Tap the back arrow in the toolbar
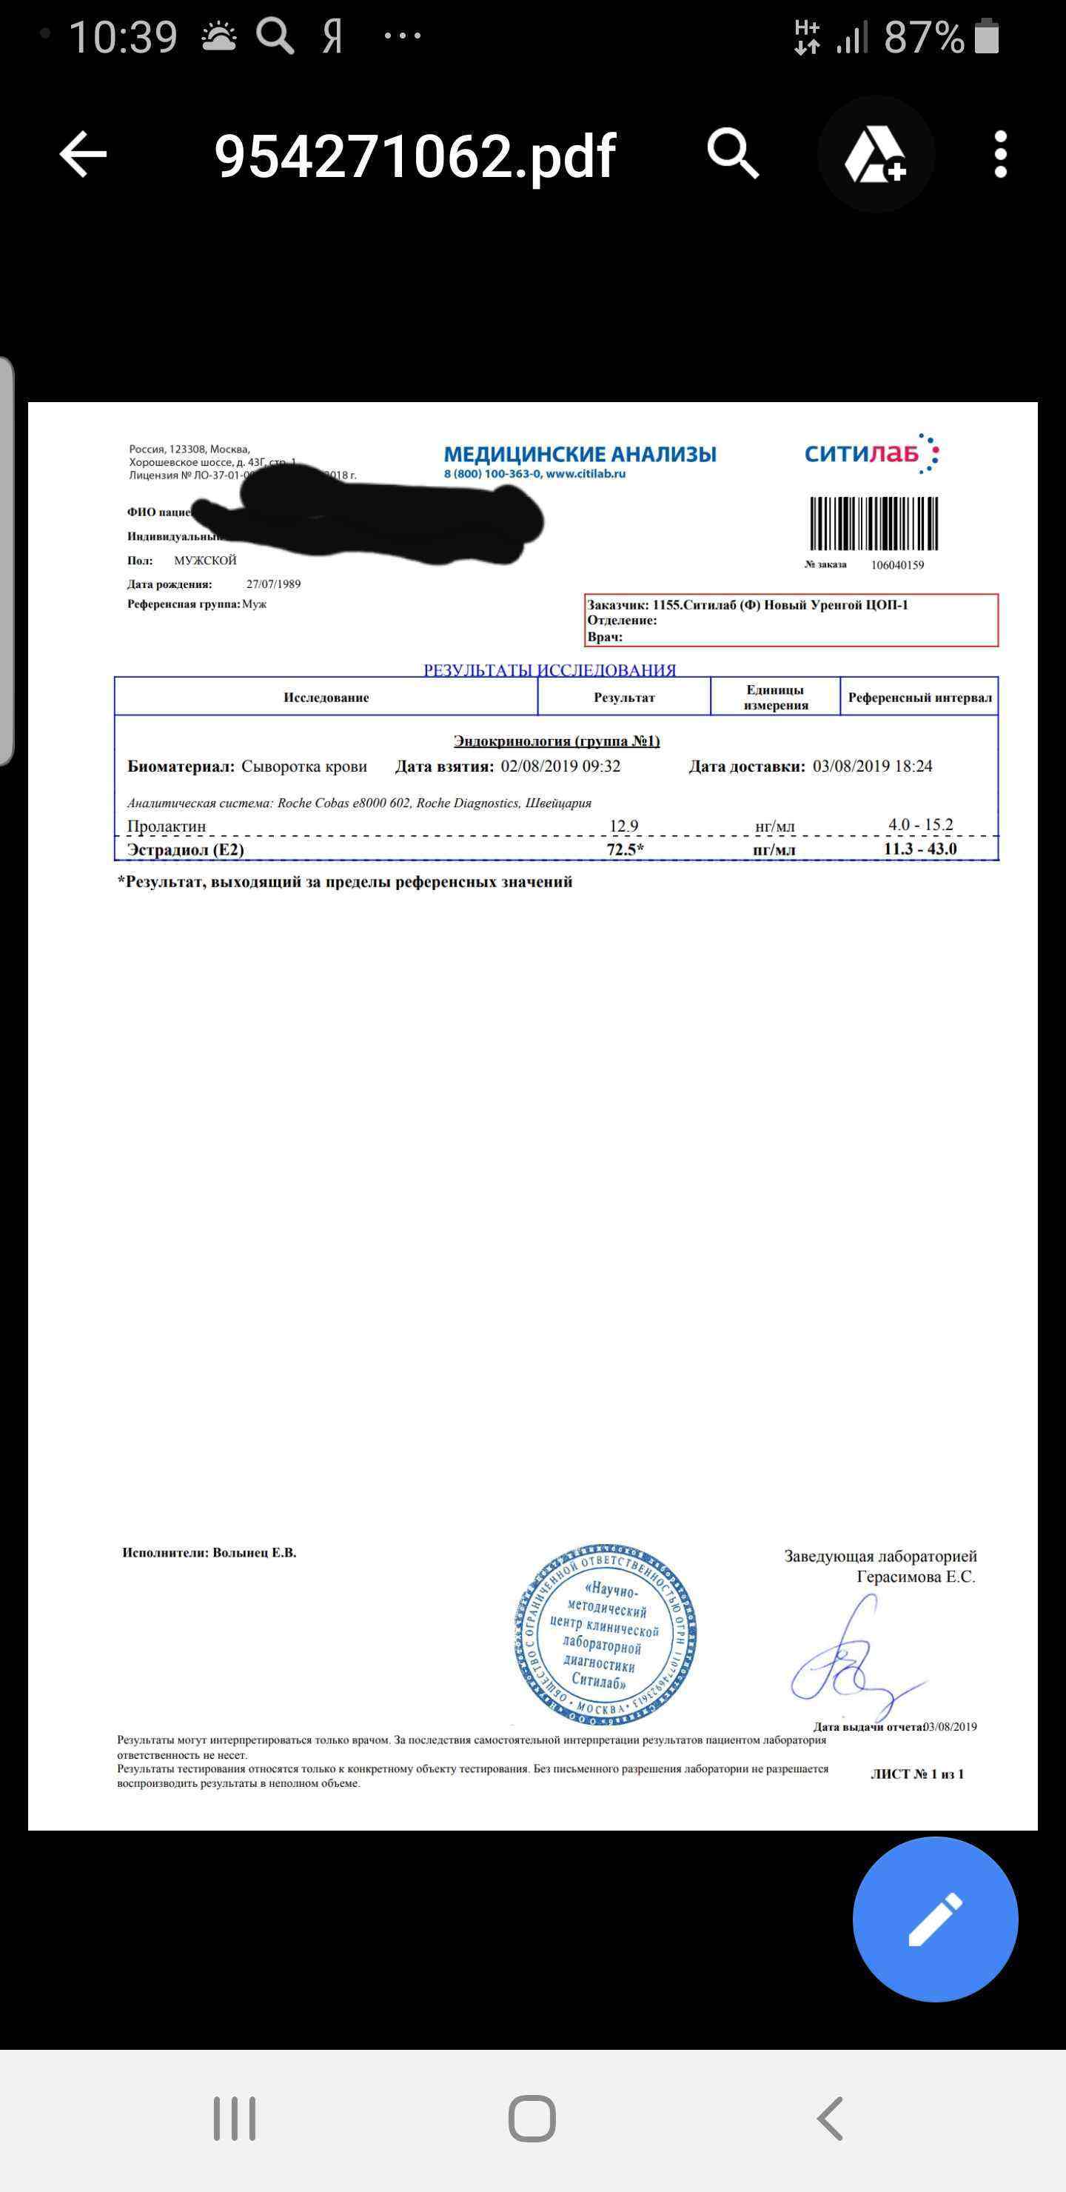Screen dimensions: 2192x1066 82,155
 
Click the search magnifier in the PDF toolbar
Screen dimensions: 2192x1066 732,153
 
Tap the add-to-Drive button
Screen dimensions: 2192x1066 876,155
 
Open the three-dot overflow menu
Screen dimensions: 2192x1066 1001,155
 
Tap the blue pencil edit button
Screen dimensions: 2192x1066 935,1919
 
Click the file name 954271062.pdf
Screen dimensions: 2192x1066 415,156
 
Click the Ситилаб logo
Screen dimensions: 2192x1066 871,453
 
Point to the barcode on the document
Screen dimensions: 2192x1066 873,524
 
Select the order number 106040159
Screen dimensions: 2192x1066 896,565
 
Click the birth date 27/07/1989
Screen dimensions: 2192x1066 273,584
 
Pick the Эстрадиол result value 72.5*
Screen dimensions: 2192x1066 625,849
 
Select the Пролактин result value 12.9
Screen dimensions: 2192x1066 623,826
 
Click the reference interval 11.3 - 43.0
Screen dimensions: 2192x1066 919,849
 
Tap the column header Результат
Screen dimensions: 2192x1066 623,698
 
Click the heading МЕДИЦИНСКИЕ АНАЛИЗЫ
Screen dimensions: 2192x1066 580,455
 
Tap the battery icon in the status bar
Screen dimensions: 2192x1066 987,36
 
